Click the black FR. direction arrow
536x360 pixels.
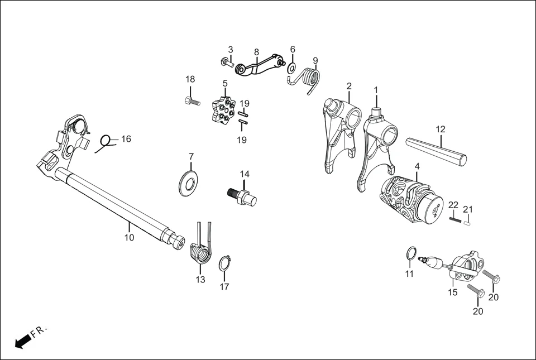click(22, 341)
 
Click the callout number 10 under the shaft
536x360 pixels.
click(129, 238)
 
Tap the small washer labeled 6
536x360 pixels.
click(291, 69)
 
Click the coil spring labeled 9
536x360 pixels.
click(310, 79)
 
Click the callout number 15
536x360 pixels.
click(452, 292)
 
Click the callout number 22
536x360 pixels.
click(453, 205)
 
